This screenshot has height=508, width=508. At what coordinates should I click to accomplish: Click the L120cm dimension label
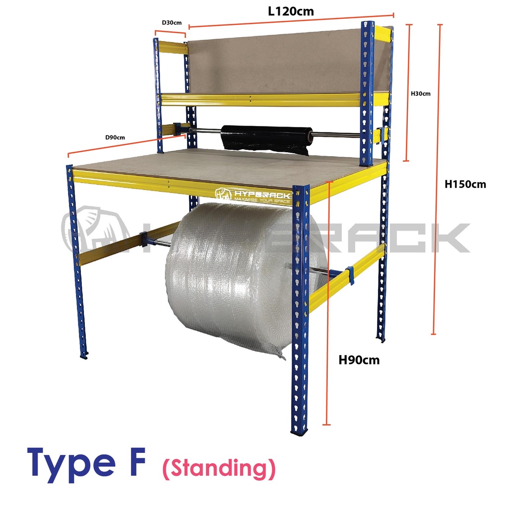[291, 11]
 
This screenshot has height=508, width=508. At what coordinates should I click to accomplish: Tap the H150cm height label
[465, 184]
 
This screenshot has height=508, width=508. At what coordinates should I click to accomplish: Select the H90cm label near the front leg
[359, 360]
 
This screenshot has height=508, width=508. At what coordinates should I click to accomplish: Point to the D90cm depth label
[115, 137]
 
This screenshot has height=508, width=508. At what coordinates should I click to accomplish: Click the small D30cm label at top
[171, 23]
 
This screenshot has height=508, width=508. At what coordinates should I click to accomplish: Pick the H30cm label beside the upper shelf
[421, 94]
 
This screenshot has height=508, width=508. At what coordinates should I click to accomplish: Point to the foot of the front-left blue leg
[84, 355]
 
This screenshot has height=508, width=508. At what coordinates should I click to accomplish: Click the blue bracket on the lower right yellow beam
[350, 276]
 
